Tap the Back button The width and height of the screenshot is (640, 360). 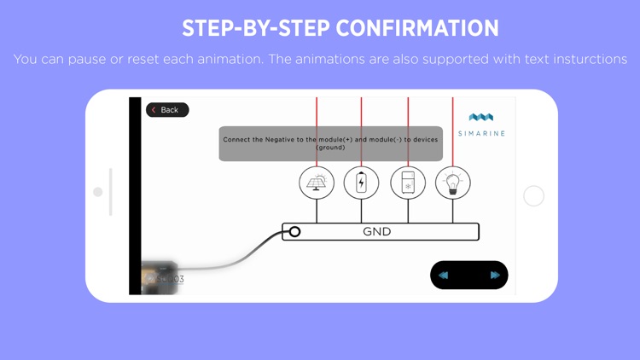(167, 110)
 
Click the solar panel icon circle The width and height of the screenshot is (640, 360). (317, 183)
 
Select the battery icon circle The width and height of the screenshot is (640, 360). (361, 183)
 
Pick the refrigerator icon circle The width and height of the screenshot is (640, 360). (408, 183)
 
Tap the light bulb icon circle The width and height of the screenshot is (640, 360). (453, 183)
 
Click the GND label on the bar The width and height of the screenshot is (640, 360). (377, 232)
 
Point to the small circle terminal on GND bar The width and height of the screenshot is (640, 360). (294, 231)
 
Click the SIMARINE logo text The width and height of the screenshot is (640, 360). (481, 134)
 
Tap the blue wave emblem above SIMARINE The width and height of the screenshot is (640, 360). (481, 118)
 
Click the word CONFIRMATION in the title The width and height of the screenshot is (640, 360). (417, 28)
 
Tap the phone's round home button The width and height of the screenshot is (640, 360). (533, 196)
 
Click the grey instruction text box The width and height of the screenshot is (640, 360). (330, 143)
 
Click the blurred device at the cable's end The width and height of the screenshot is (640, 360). (159, 277)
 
